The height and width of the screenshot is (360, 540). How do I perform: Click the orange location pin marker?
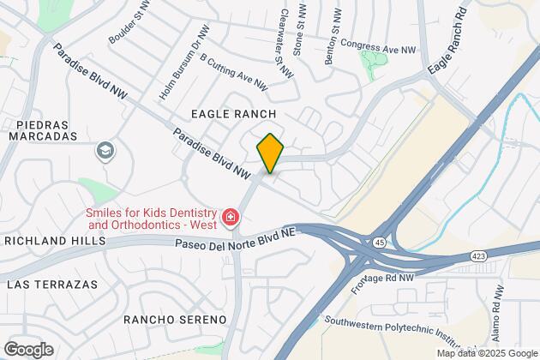[269, 153]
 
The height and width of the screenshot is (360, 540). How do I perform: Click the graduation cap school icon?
[105, 152]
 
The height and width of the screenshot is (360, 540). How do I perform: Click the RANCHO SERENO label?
[175, 320]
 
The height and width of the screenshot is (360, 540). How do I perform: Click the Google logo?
[27, 349]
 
